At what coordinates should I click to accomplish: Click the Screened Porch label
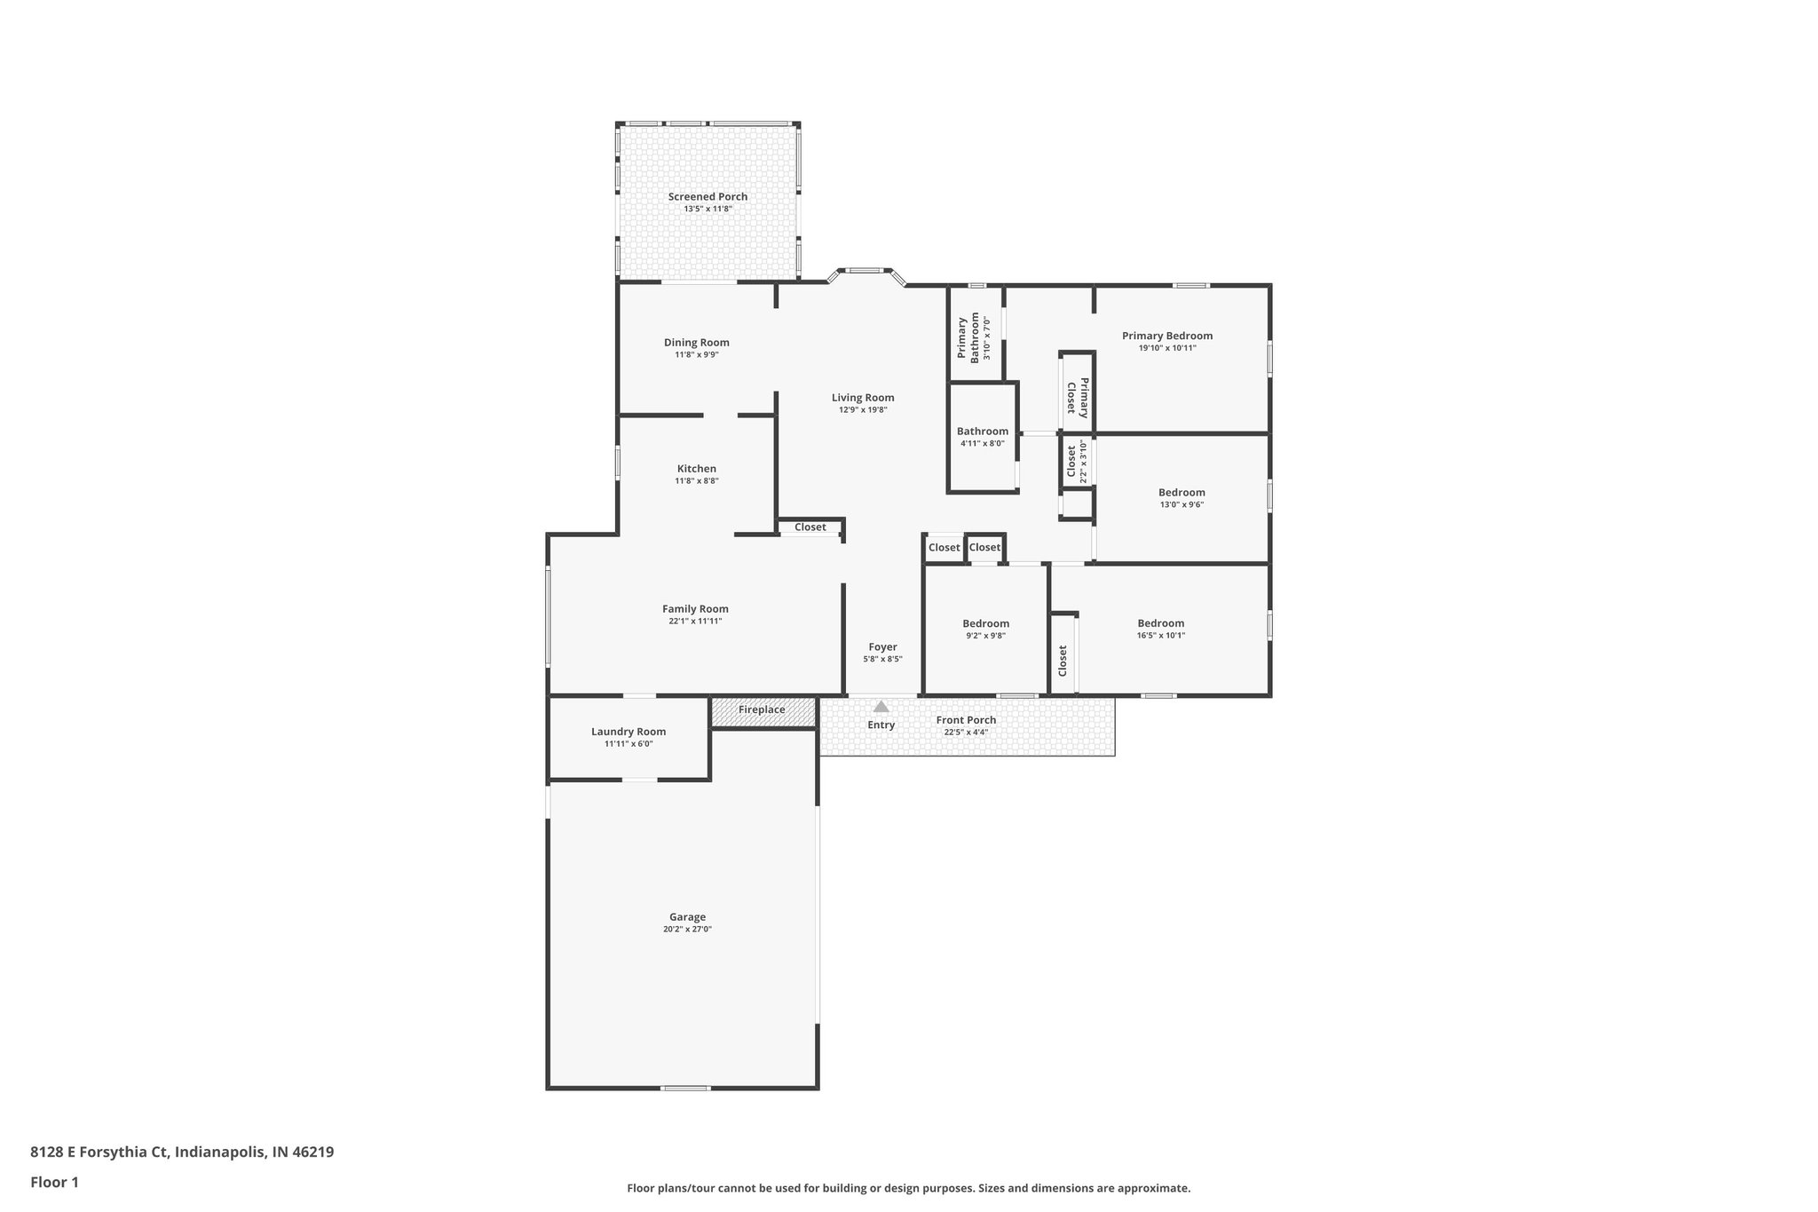pos(707,197)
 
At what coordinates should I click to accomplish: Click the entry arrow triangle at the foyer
pos(881,707)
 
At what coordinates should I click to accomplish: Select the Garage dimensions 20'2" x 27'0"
pos(687,930)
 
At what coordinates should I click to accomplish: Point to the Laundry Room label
pos(628,732)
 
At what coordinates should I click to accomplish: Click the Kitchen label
pos(696,469)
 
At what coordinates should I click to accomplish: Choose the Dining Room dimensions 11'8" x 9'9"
pos(696,355)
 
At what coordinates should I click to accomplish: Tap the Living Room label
pos(862,398)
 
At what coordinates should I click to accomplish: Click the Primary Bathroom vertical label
pos(968,337)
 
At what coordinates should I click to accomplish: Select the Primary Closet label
pos(1078,397)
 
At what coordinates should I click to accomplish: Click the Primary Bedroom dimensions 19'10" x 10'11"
pos(1166,348)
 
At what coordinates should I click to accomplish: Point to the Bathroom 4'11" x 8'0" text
pos(982,443)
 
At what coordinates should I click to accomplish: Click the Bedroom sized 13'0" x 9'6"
pos(1181,493)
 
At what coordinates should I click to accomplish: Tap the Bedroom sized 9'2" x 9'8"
pos(985,623)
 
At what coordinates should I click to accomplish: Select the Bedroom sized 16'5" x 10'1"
pos(1160,623)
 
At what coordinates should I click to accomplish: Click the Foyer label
pos(882,647)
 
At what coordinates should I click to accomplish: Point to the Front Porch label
pos(966,720)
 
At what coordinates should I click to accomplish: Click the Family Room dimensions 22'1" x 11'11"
pos(695,622)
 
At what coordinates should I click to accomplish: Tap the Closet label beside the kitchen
pos(810,527)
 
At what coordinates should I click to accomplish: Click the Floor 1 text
pos(54,1182)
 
